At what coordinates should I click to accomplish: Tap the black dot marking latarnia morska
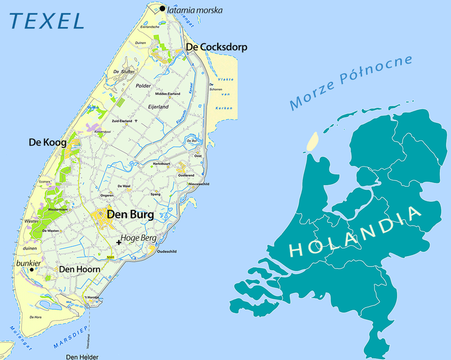(x=162, y=8)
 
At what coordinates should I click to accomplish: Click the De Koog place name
(x=47, y=143)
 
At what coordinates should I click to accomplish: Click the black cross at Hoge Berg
(x=118, y=242)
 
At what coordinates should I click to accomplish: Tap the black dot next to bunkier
(x=32, y=269)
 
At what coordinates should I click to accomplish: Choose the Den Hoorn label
(x=79, y=270)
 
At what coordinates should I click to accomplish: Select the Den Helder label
(x=79, y=356)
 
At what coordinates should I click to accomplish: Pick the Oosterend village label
(x=186, y=175)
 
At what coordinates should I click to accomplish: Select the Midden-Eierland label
(x=167, y=94)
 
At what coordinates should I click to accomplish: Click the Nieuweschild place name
(x=198, y=184)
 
